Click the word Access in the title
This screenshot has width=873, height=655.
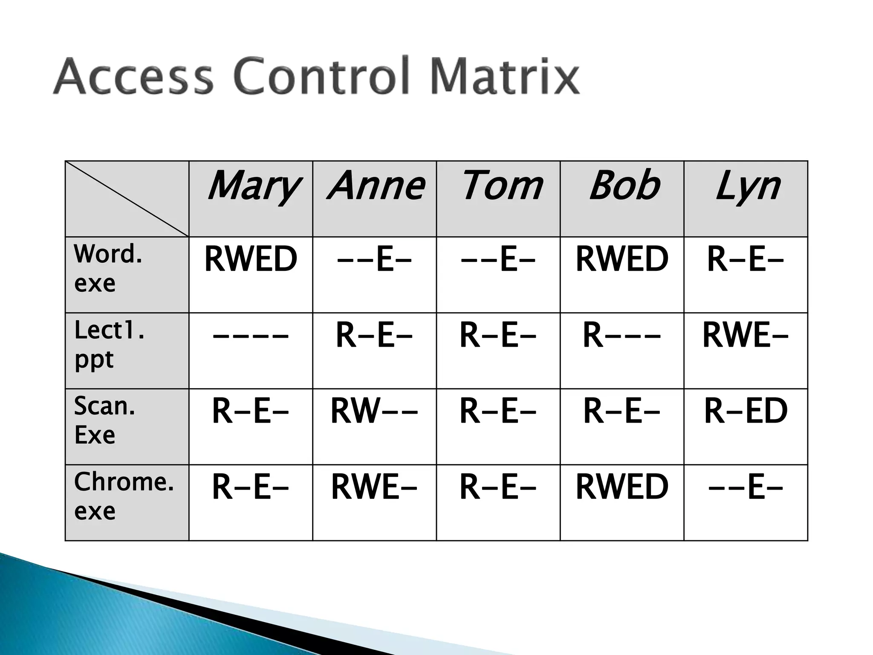pyautogui.click(x=133, y=77)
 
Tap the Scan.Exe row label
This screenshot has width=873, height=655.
pyautogui.click(x=104, y=420)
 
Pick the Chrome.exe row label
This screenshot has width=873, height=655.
pyautogui.click(x=124, y=496)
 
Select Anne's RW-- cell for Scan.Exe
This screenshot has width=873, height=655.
pyautogui.click(x=374, y=411)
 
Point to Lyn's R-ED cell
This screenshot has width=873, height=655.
pyautogui.click(x=746, y=411)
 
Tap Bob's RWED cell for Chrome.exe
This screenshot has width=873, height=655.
pyautogui.click(x=622, y=487)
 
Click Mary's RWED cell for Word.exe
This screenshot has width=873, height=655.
pyautogui.click(x=251, y=259)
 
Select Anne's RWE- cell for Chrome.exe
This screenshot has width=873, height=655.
pyautogui.click(x=374, y=487)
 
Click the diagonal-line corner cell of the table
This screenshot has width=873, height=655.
pyautogui.click(x=127, y=199)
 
